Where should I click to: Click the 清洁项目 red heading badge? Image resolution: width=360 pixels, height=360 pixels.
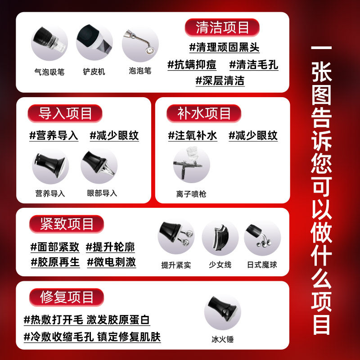click(222, 27)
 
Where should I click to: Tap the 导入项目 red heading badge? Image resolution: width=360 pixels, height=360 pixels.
click(65, 113)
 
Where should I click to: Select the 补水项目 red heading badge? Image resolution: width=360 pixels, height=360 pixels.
click(204, 113)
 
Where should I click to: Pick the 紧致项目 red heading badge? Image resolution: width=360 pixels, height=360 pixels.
click(67, 224)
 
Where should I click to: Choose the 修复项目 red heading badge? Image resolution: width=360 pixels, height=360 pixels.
click(67, 297)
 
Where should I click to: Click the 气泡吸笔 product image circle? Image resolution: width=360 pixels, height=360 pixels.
click(49, 43)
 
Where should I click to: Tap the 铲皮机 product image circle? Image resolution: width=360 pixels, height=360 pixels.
click(94, 43)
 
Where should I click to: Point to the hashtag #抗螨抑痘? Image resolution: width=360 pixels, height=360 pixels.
click(192, 64)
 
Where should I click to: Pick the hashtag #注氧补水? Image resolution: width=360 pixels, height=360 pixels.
click(193, 135)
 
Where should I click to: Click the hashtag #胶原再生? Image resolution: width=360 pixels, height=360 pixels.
click(55, 262)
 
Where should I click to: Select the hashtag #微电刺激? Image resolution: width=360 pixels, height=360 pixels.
click(111, 262)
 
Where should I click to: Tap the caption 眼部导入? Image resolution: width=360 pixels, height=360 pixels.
click(102, 193)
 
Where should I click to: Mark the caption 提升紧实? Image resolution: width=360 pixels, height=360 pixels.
click(176, 265)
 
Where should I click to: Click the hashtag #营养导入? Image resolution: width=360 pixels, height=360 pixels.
click(54, 135)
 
